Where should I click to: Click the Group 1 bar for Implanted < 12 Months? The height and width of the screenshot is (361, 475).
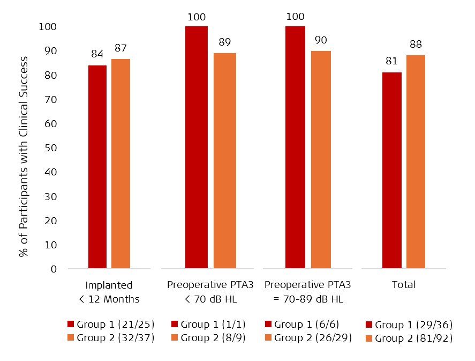coord(97,166)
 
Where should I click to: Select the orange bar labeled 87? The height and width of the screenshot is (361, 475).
coord(120,163)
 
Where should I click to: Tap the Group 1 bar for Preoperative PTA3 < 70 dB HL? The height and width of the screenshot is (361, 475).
coord(196,147)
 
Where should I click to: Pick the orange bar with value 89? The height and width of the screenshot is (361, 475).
coord(224,160)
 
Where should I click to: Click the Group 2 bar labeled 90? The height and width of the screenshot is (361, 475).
coord(321,159)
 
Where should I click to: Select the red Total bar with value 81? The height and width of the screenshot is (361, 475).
coord(391,170)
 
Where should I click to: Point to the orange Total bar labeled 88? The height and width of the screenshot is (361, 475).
coord(416,161)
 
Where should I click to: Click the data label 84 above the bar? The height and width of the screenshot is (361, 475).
coord(97,54)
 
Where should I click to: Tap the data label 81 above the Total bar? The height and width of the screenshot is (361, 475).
coord(391,61)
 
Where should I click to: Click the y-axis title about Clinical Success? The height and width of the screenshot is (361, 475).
coord(24,156)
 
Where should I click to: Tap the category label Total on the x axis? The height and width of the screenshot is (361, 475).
coord(404,285)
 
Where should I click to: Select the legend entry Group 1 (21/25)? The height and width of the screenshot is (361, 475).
coord(110,325)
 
